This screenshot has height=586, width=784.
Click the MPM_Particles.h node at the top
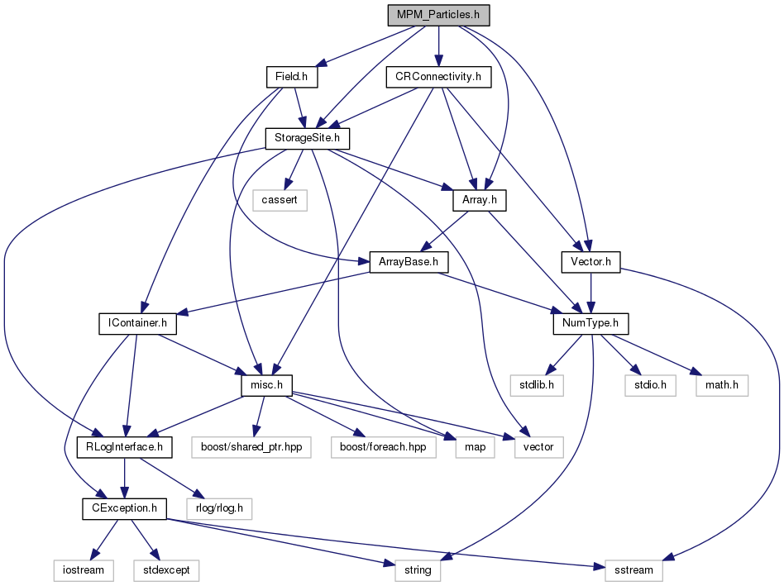tap(438, 15)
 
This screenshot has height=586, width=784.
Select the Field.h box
tap(292, 77)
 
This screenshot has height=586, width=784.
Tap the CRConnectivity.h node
tap(438, 77)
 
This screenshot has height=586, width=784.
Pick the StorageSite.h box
tap(307, 138)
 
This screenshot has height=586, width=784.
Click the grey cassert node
tap(280, 200)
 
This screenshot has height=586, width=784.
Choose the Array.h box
tap(480, 200)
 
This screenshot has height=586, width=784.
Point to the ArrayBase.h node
tap(409, 262)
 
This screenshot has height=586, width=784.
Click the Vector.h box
tap(590, 262)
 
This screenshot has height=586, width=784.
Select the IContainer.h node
tap(137, 324)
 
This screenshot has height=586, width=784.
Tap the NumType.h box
tap(590, 324)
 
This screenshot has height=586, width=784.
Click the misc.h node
tap(266, 386)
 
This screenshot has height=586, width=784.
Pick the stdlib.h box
tap(537, 386)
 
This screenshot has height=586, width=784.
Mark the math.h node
tap(722, 386)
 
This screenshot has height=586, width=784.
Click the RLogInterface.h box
tap(125, 447)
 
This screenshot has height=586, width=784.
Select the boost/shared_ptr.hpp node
tap(251, 447)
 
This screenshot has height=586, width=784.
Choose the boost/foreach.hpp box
tap(383, 447)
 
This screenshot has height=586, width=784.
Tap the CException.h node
tap(125, 508)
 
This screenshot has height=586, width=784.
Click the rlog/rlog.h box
tap(219, 508)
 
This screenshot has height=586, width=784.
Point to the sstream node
tap(633, 570)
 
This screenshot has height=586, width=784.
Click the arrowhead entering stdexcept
tap(155, 555)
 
